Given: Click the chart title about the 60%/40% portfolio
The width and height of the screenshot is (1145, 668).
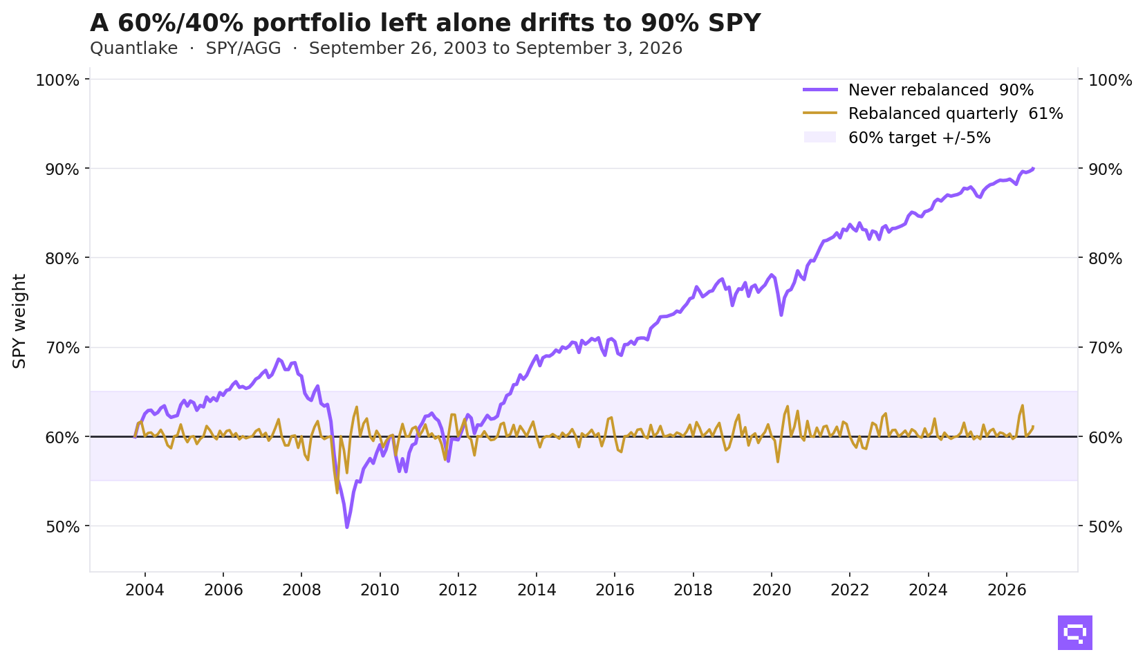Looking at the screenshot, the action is [x=425, y=23].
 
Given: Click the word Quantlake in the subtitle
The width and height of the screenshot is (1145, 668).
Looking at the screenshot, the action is [x=134, y=48].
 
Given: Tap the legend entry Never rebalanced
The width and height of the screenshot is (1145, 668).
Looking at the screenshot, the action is [x=918, y=90].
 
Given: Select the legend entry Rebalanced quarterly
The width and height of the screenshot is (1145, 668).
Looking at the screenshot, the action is [x=933, y=113].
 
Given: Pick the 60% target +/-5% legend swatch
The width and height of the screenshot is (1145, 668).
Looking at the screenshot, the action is [x=820, y=137].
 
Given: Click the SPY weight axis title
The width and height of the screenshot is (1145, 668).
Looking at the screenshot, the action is [x=19, y=321].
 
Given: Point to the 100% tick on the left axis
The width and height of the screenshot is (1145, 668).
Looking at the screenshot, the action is [x=58, y=80].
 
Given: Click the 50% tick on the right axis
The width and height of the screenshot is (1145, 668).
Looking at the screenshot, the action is [x=1106, y=527].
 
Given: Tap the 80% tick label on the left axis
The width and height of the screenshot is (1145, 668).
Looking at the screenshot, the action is [x=63, y=259].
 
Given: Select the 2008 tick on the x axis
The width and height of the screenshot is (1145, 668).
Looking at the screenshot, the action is [x=301, y=591].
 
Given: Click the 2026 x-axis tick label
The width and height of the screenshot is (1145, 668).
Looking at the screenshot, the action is [x=1007, y=591].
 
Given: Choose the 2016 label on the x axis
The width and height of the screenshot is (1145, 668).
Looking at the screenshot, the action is [x=615, y=591].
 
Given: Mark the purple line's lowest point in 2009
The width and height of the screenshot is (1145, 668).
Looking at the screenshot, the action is [x=347, y=527].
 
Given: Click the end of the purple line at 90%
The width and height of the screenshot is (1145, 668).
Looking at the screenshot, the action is [x=1033, y=168].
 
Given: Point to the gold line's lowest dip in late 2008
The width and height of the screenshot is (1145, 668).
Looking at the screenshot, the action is [x=337, y=492].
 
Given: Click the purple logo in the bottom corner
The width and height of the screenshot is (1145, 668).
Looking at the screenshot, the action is [x=1075, y=633].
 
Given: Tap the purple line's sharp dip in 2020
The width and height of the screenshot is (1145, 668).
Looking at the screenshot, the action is [x=781, y=315].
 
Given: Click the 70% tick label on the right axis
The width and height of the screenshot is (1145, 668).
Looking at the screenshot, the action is [x=1106, y=348].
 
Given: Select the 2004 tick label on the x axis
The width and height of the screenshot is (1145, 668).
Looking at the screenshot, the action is [x=145, y=591].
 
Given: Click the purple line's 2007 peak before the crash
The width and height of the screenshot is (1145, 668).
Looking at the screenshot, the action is [x=279, y=359].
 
